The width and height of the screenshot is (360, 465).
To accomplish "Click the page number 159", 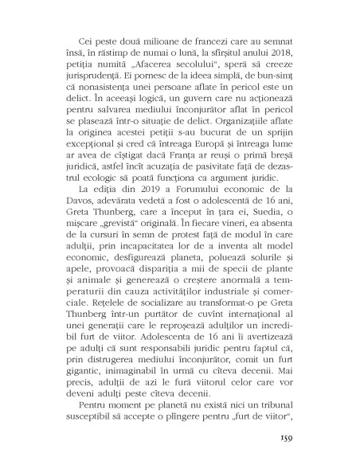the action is [x=289, y=436].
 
